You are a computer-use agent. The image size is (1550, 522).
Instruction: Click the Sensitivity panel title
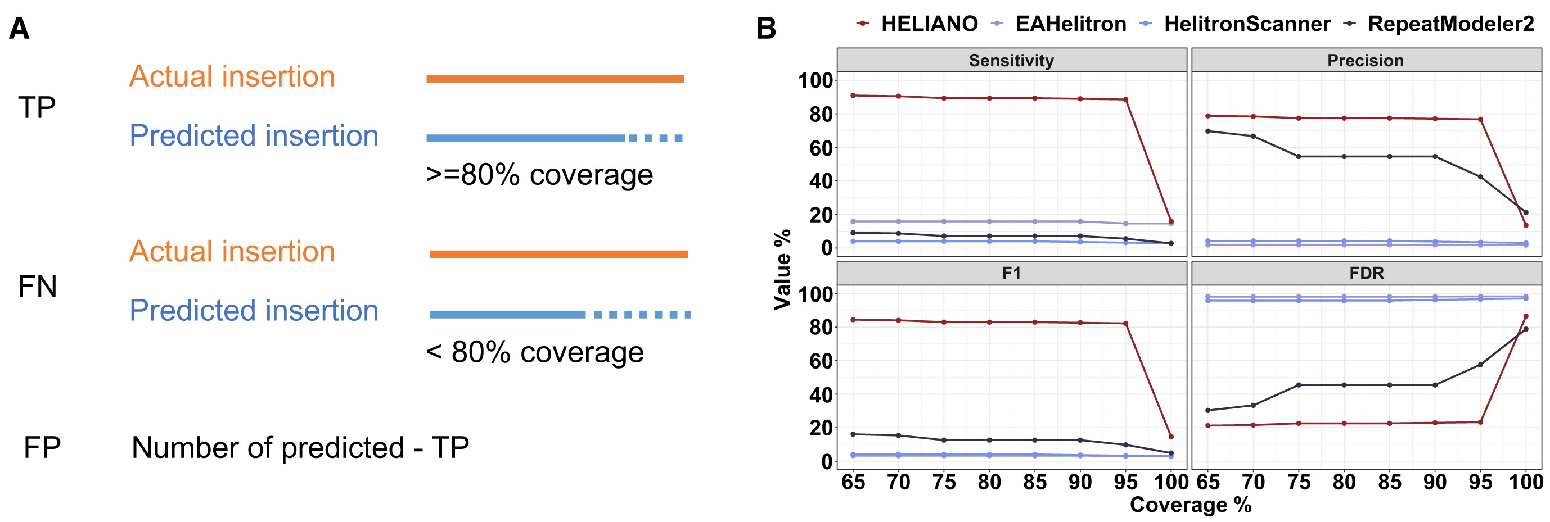(1011, 61)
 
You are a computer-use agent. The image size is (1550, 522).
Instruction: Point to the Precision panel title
(1366, 61)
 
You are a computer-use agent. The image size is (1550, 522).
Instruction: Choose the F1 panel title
(1011, 274)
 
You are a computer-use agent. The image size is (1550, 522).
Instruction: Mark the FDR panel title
(1367, 274)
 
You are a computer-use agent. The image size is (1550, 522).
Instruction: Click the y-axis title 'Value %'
(782, 269)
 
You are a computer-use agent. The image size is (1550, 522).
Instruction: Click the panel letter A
(19, 29)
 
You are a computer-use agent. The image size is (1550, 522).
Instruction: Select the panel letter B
(766, 29)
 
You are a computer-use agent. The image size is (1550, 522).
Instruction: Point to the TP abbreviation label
(37, 108)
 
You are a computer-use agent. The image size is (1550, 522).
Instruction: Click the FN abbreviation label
(37, 286)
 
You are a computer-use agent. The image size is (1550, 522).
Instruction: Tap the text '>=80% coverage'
(539, 175)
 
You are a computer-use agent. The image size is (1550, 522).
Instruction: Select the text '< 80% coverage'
(535, 352)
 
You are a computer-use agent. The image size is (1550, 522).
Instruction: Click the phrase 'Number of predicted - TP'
(300, 448)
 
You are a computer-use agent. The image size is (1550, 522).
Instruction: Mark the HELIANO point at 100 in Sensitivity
(1171, 221)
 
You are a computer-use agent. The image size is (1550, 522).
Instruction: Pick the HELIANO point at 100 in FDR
(1525, 316)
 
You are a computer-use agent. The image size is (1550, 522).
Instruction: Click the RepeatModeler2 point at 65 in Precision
(1207, 131)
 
